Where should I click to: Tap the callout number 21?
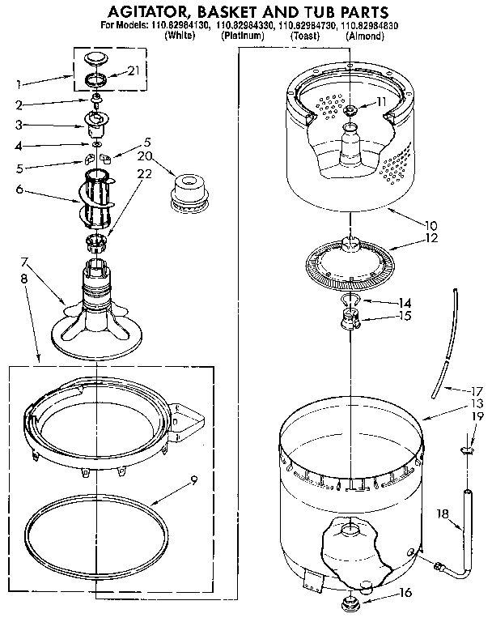click(134, 71)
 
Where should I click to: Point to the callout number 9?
click(193, 479)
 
